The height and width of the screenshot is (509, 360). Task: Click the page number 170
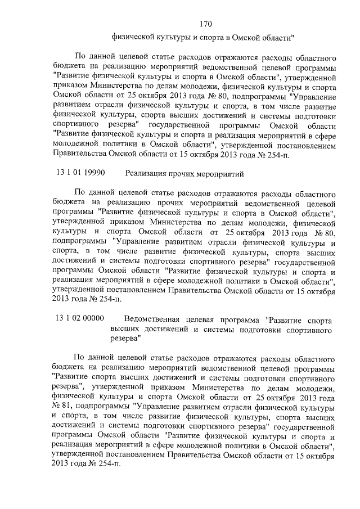pos(205,24)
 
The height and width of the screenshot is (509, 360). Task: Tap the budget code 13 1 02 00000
pos(80,318)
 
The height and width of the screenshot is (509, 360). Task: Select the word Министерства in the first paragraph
pos(125,87)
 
